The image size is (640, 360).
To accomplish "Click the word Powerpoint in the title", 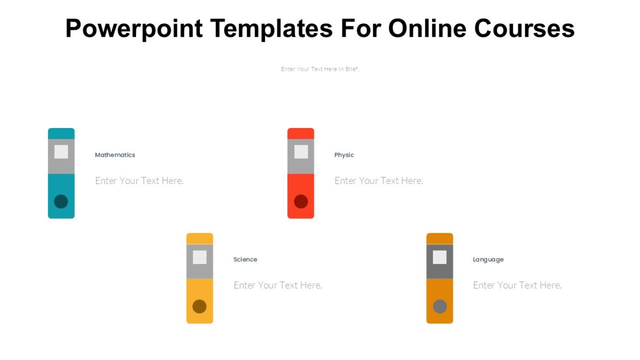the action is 134,29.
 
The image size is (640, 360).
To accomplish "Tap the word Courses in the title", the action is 524,29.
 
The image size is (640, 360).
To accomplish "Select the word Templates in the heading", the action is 271,29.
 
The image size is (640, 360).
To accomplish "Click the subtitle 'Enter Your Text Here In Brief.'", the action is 320,69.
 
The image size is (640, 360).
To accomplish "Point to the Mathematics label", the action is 115,155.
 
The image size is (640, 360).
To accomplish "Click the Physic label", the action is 344,155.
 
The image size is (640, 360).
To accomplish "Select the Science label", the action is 245,259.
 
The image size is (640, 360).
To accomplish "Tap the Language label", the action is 488,260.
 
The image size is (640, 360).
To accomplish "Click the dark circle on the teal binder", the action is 61,202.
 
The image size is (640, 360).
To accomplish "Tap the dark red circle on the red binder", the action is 301,202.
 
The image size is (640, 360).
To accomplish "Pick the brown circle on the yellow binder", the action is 199,306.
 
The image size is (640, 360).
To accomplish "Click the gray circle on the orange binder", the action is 439,306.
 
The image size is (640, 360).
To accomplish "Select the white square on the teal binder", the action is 61,151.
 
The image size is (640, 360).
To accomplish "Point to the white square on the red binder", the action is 301,151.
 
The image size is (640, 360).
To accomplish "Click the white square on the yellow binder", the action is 199,257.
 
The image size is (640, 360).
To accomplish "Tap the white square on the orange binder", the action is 439,257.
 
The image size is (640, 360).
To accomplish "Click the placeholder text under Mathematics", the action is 139,181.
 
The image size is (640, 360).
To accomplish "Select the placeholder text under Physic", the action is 379,181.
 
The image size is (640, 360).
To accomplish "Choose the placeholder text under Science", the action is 278,285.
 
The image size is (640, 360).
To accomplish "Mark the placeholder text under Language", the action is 517,285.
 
